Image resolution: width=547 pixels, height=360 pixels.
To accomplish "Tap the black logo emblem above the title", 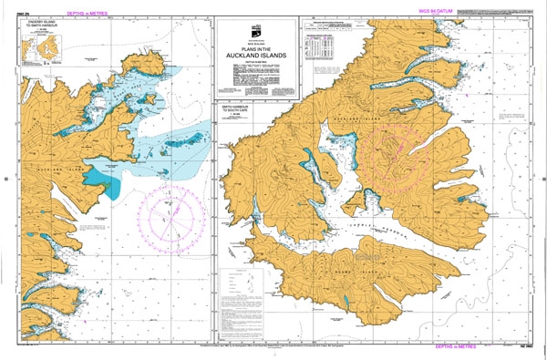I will [256, 29].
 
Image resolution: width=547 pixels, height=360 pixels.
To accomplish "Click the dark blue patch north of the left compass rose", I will [114, 188].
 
